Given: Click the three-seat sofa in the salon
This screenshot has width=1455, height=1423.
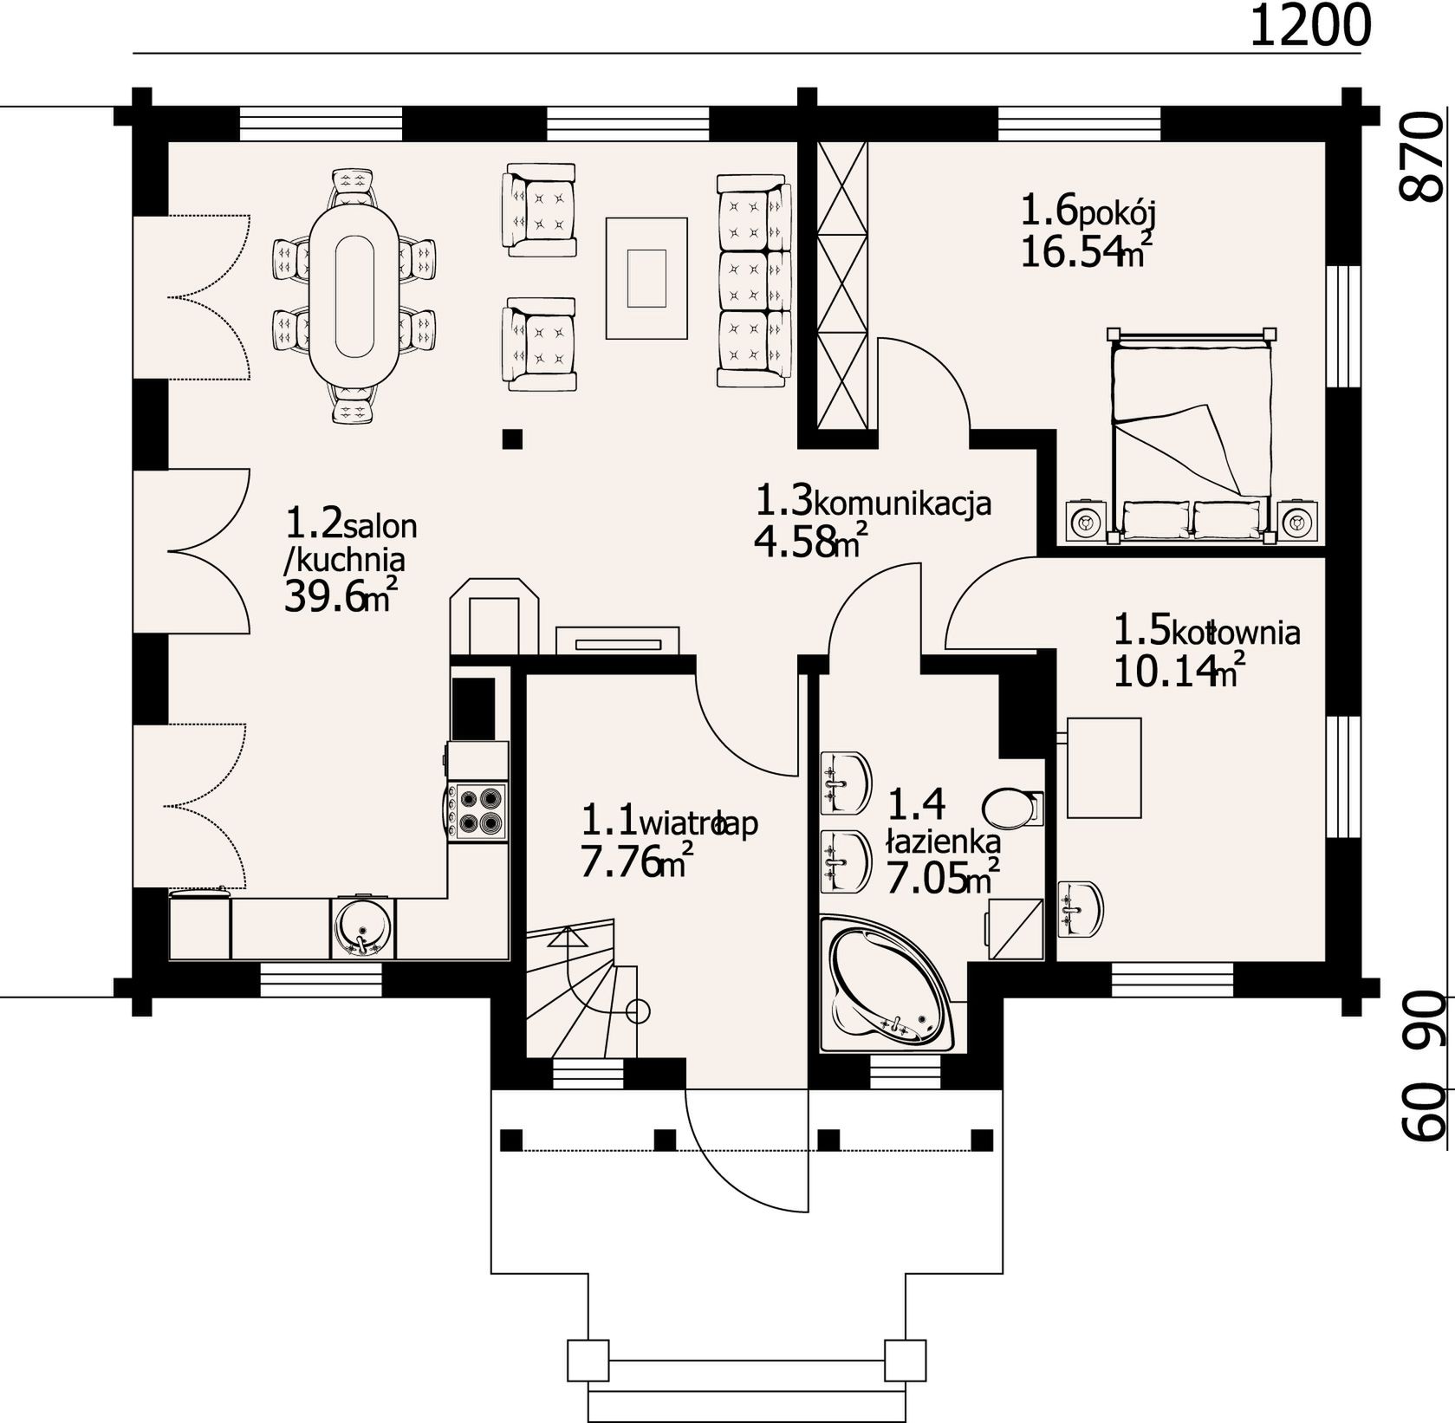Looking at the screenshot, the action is click(754, 279).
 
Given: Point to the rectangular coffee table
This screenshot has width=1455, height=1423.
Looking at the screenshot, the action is click(646, 277).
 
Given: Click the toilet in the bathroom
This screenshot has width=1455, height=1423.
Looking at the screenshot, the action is click(1016, 808).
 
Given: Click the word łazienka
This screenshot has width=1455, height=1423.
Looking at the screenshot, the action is click(943, 840).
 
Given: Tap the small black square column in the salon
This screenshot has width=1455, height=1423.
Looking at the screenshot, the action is click(512, 439).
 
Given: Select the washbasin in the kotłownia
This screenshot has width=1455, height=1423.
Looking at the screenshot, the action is click(1082, 908).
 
